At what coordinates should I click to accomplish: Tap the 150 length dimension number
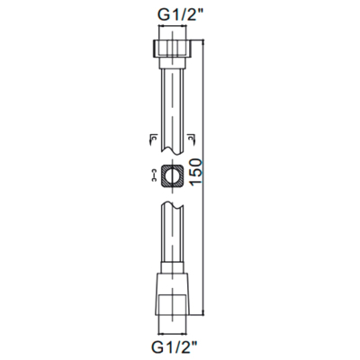coord(195,172)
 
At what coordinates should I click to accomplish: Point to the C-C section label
coord(154,175)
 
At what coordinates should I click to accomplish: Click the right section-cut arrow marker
coord(191,139)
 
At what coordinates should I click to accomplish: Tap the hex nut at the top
coord(172,49)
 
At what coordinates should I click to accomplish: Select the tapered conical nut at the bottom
coord(172,294)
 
